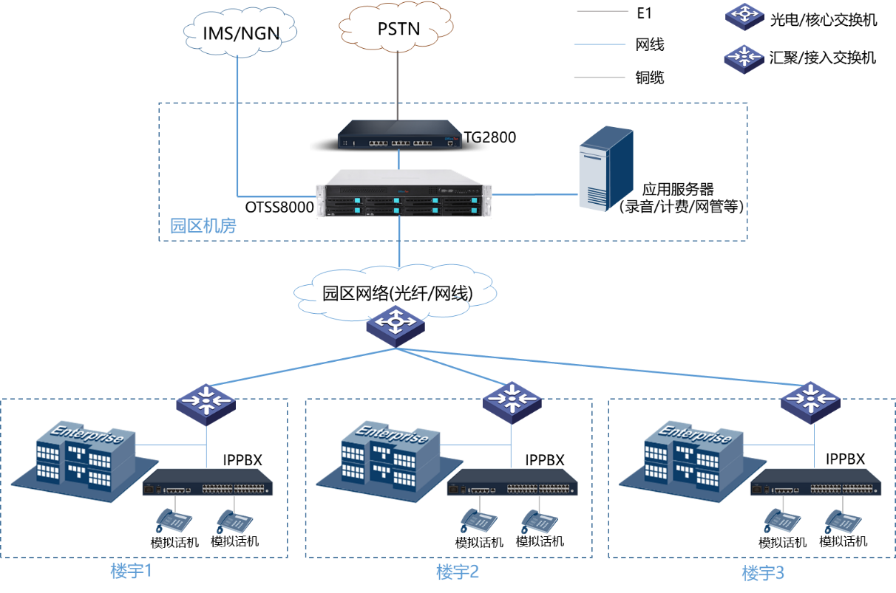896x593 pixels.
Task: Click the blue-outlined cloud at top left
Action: pyautogui.click(x=240, y=30)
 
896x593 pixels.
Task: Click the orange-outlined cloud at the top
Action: pyautogui.click(x=396, y=27)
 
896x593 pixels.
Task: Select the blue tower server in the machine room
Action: pyautogui.click(x=605, y=168)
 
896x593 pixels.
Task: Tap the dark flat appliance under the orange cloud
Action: pyautogui.click(x=399, y=135)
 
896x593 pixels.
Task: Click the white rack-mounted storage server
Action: pyautogui.click(x=403, y=194)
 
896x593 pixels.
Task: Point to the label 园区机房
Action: pyautogui.click(x=203, y=226)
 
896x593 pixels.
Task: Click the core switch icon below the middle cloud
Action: pyautogui.click(x=396, y=324)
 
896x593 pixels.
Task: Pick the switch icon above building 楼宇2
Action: pyautogui.click(x=512, y=402)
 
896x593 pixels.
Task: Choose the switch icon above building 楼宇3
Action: pyautogui.click(x=810, y=402)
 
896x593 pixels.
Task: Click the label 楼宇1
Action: pyautogui.click(x=132, y=571)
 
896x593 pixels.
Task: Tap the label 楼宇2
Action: pyautogui.click(x=458, y=572)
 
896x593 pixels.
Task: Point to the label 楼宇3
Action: pyautogui.click(x=762, y=573)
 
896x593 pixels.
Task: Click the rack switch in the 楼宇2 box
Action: pyautogui.click(x=512, y=482)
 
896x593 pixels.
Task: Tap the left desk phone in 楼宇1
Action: pyautogui.click(x=173, y=521)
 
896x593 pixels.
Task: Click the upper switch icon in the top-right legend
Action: pyautogui.click(x=744, y=16)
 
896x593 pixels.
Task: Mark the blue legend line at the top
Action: pyautogui.click(x=600, y=44)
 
